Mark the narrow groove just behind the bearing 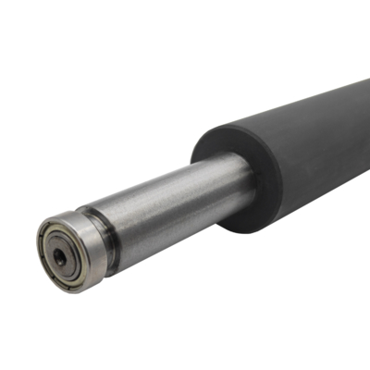point(108,242)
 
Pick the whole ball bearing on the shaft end point(69,250)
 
